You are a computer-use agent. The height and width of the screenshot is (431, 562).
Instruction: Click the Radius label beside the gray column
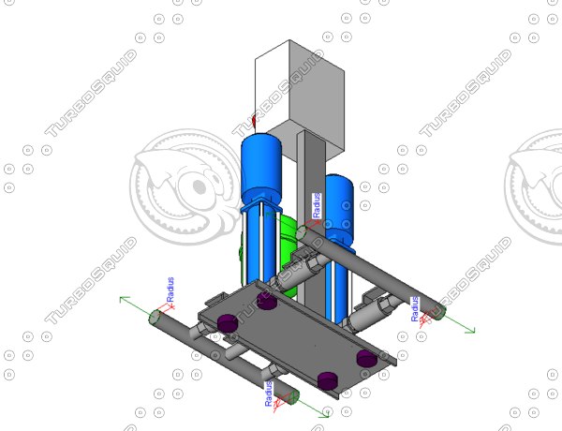click(317, 205)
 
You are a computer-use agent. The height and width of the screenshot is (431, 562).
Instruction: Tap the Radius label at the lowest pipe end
click(269, 393)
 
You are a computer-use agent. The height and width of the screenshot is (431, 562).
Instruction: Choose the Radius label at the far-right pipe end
click(414, 308)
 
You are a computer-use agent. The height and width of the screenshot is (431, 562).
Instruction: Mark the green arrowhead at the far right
click(471, 329)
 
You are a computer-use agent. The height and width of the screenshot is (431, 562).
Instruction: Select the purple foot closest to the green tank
click(266, 302)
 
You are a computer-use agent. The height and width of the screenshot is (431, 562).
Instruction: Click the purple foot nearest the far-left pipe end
click(226, 323)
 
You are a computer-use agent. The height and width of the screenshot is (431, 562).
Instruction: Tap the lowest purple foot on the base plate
click(327, 379)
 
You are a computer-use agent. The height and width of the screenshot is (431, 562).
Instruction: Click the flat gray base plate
click(290, 333)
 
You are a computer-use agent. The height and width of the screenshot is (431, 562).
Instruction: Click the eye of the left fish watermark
click(199, 185)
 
